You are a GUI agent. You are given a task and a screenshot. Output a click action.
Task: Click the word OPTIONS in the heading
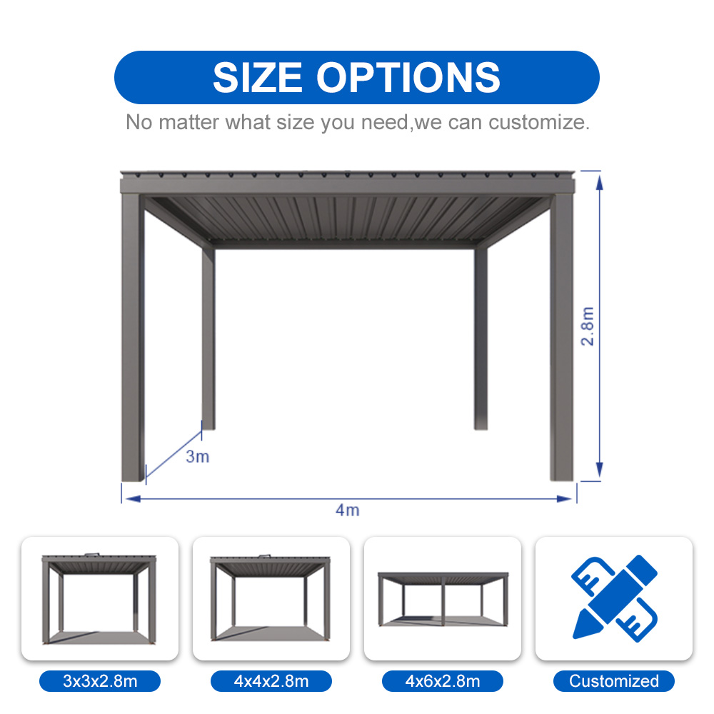point(408,77)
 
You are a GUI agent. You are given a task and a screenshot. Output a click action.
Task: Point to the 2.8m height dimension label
point(588,326)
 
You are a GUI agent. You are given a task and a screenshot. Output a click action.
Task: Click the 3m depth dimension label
point(198,457)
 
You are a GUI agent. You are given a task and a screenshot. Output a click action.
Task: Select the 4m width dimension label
point(348,510)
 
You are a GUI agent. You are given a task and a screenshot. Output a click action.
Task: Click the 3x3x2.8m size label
point(100,681)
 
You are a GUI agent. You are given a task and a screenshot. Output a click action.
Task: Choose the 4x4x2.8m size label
point(271,681)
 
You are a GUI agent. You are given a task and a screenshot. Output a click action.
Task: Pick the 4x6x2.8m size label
point(443,681)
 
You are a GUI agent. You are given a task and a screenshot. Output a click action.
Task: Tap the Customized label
point(614,681)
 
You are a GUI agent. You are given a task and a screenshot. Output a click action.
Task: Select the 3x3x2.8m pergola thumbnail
point(100,598)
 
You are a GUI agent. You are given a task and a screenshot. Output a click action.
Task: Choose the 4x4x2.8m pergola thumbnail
point(271,598)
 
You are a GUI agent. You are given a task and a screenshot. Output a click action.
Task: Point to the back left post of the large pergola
point(208,336)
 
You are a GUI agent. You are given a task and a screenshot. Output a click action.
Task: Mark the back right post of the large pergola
point(481,336)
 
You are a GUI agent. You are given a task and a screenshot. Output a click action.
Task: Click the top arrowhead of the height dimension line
point(599,178)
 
